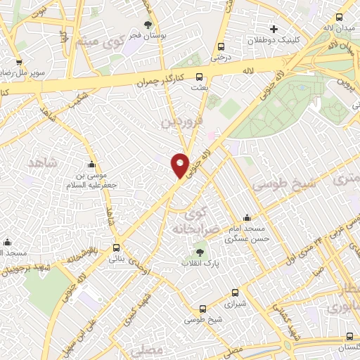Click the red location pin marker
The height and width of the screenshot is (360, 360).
[180, 165]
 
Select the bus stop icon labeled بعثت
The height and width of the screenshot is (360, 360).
[200, 77]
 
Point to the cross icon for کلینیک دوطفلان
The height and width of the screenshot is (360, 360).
[274, 29]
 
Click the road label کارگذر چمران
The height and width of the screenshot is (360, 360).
[160, 82]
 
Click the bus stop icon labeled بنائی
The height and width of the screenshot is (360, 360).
[117, 247]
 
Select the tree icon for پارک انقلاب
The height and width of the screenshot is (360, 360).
[201, 252]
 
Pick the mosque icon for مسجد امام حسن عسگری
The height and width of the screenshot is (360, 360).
[247, 218]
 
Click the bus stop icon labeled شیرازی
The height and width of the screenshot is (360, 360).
[203, 307]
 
